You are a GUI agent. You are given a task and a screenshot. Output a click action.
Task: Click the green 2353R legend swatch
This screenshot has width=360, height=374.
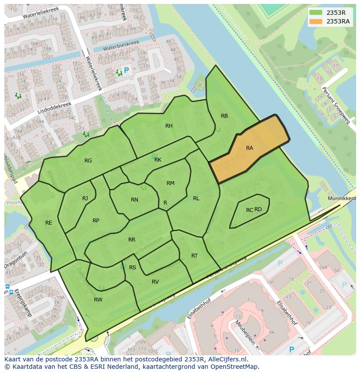click(316, 13)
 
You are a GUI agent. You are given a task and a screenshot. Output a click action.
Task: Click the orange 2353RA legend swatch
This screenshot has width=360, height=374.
click(316, 21)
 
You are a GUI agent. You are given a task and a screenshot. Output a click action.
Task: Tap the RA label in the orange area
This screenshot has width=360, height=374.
click(250, 148)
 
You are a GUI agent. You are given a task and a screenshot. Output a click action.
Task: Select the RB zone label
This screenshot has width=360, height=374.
click(224, 116)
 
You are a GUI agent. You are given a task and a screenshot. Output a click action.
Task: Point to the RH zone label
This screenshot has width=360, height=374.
click(169, 126)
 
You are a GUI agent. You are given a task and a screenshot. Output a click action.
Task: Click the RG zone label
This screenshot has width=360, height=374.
click(88, 161)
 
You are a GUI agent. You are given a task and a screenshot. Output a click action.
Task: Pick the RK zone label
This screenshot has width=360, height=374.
click(158, 160)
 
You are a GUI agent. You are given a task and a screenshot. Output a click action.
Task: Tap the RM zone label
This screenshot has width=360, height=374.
click(170, 183)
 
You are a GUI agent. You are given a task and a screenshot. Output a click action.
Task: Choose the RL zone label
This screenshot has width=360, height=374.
click(196, 199)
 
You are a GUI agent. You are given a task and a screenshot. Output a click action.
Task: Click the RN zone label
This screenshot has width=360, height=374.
click(134, 200)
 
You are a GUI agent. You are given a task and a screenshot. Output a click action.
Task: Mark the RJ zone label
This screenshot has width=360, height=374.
click(85, 199)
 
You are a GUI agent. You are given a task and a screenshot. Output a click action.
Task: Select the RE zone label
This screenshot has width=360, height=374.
click(49, 223)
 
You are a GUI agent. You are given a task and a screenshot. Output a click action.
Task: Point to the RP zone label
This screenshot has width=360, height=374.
click(96, 221)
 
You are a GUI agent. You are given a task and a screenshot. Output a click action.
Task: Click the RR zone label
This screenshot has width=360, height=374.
click(132, 240)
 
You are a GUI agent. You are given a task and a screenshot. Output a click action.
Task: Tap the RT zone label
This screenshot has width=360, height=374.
click(194, 256)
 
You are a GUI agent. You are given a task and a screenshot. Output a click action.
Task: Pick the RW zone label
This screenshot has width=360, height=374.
click(98, 300)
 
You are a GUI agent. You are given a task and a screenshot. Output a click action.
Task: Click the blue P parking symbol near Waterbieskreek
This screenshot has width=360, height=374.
click(127, 70)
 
